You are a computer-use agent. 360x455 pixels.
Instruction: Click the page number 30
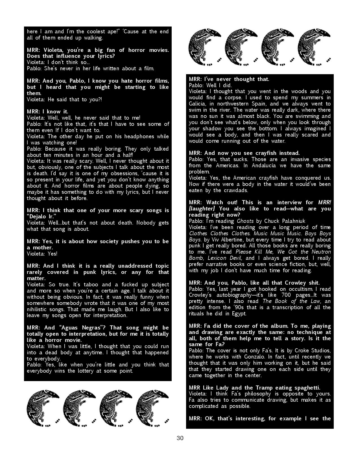point(180,438)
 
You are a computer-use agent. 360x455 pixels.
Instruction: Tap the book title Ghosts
point(245,221)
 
